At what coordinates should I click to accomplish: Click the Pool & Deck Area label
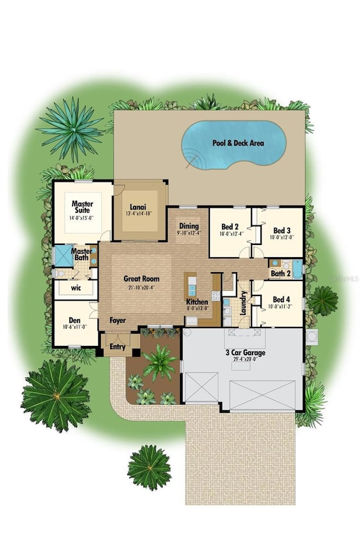[238, 143]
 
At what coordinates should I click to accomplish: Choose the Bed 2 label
[230, 227]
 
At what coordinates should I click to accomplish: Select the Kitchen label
[197, 302]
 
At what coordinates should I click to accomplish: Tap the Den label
[75, 320]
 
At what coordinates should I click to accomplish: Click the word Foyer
[117, 320]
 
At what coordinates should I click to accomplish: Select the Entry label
[117, 347]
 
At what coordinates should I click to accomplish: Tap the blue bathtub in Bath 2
[297, 268]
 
